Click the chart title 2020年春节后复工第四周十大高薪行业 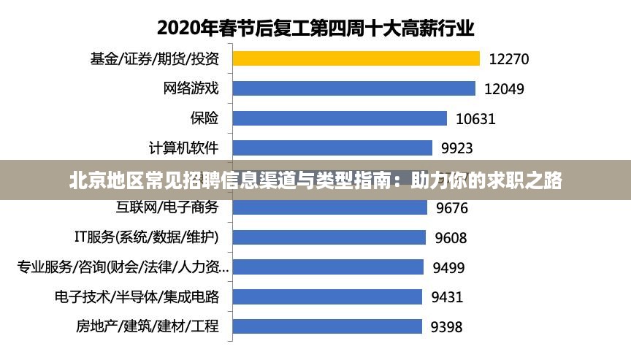[315, 28]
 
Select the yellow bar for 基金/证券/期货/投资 [356, 58]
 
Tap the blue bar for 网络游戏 [354, 88]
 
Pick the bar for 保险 [340, 118]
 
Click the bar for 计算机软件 [332, 148]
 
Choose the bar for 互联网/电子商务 [329, 207]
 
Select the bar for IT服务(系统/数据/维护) [329, 237]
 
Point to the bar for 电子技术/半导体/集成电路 [327, 296]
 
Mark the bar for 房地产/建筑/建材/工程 [326, 326]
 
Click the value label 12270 [509, 59]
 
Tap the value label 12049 [504, 89]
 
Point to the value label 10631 [475, 119]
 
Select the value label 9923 [457, 149]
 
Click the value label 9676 [452, 208]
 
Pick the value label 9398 [446, 327]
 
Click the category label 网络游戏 [191, 88]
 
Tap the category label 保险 [204, 118]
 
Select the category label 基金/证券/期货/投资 [154, 58]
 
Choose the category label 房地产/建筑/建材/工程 [147, 326]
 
